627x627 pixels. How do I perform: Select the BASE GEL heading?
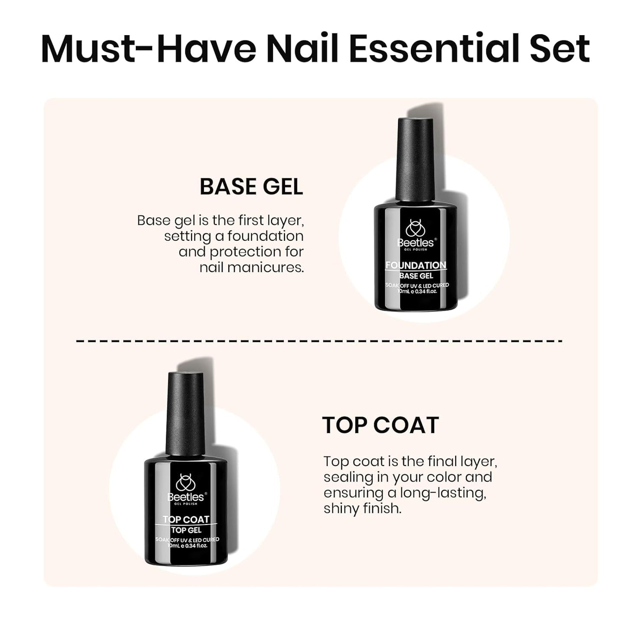(251, 187)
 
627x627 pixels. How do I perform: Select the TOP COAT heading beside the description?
(380, 425)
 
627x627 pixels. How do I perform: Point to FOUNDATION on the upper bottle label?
(416, 265)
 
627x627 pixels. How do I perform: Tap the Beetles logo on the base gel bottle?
(415, 234)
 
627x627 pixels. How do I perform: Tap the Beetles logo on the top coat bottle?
(185, 488)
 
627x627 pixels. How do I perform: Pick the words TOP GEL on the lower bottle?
(186, 530)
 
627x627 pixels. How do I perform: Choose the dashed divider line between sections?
(319, 341)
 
